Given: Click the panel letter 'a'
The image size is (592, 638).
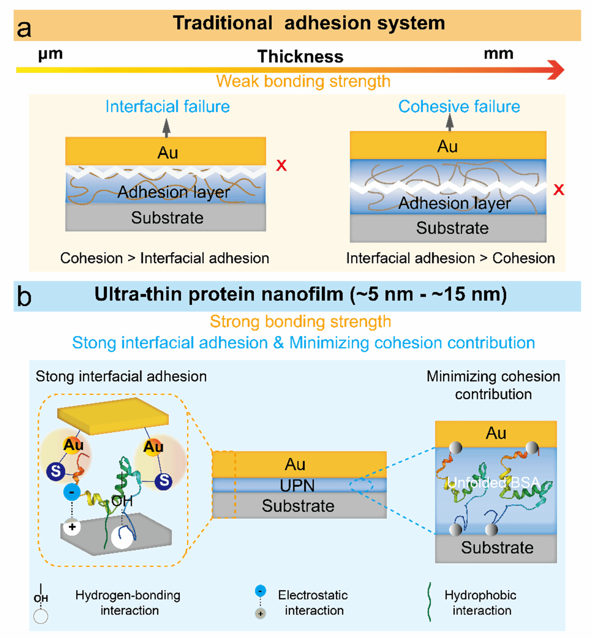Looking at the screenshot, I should [24, 29].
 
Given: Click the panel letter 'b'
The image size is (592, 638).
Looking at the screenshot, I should [24, 297].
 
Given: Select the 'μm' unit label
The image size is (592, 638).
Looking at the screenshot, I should [50, 54].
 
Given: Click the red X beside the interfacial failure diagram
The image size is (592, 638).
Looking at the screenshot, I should [281, 165].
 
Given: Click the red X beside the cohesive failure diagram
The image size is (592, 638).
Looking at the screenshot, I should [558, 189].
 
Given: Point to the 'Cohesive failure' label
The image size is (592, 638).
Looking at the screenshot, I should [459, 107].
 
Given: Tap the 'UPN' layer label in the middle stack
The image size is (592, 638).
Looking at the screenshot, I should [297, 486].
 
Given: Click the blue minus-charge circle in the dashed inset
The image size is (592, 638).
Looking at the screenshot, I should [72, 492].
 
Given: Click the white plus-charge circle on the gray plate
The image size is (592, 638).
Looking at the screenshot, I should [72, 527].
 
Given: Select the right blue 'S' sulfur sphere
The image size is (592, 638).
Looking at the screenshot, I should [164, 481].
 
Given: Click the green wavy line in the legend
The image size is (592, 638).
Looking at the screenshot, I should [429, 602].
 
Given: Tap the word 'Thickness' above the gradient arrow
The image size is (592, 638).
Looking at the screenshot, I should [300, 57].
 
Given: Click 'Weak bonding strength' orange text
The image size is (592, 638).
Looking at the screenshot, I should [303, 81].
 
